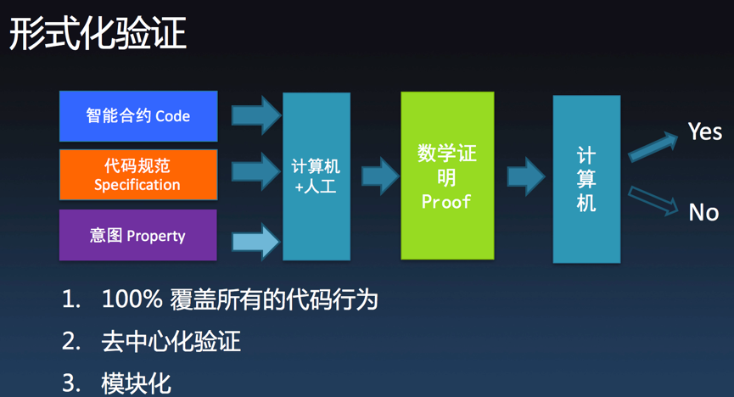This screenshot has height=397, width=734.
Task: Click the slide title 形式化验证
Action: click(x=98, y=33)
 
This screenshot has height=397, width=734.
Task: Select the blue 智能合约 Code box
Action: click(x=138, y=116)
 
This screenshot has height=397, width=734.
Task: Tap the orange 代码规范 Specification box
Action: click(x=138, y=175)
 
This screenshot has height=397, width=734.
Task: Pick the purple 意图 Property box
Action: click(x=138, y=235)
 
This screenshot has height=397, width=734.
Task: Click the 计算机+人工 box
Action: click(x=317, y=176)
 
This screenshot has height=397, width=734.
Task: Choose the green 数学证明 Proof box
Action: click(x=447, y=176)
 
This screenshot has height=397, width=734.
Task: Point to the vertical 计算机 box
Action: click(x=586, y=179)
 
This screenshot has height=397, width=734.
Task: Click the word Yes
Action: click(x=705, y=131)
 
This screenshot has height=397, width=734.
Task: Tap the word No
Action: click(x=703, y=213)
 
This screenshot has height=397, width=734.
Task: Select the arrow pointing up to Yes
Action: click(x=653, y=147)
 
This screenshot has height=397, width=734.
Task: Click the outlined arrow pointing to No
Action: click(x=653, y=201)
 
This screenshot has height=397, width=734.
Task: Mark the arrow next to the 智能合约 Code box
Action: click(x=256, y=115)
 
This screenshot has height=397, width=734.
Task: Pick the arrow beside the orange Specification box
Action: click(x=256, y=172)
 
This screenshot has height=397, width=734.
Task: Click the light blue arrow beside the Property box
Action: click(x=256, y=242)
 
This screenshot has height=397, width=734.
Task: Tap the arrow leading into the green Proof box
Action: click(x=380, y=176)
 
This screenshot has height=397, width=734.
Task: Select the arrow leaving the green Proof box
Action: click(x=526, y=176)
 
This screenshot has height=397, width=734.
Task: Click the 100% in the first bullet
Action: click(x=132, y=299)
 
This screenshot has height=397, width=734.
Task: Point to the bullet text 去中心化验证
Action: click(x=171, y=341)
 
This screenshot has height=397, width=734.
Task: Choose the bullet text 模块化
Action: click(x=137, y=383)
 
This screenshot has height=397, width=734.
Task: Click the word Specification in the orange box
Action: click(x=137, y=185)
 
